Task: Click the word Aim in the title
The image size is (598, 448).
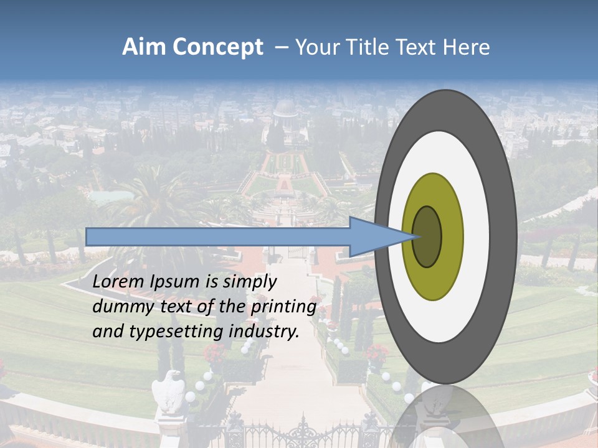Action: (x=144, y=47)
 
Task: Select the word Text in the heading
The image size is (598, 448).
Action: (x=418, y=47)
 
